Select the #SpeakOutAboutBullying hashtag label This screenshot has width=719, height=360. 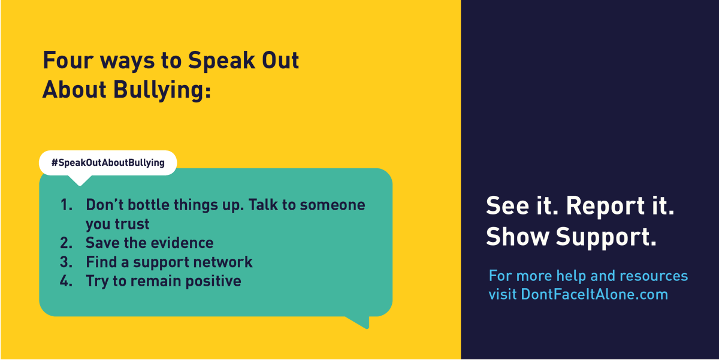click(108, 162)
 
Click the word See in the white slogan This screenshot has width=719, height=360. click(504, 206)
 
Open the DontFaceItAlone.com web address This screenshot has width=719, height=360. click(594, 295)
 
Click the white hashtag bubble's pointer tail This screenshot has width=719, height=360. click(80, 180)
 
